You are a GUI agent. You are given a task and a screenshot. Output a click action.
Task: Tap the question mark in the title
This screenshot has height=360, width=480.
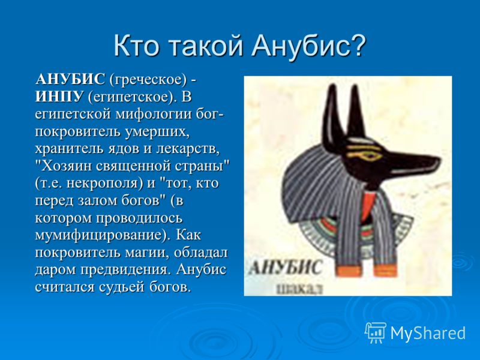pyautogui.click(x=357, y=46)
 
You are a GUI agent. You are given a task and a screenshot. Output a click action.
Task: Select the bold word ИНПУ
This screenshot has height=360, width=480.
pyautogui.click(x=59, y=97)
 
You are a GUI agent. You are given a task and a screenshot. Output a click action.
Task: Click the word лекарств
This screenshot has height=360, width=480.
pyautogui.click(x=188, y=149)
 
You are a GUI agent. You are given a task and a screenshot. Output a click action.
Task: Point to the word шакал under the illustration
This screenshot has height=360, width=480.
pyautogui.click(x=300, y=289)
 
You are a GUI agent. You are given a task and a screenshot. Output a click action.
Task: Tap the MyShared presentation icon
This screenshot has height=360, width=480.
pyautogui.click(x=376, y=332)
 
